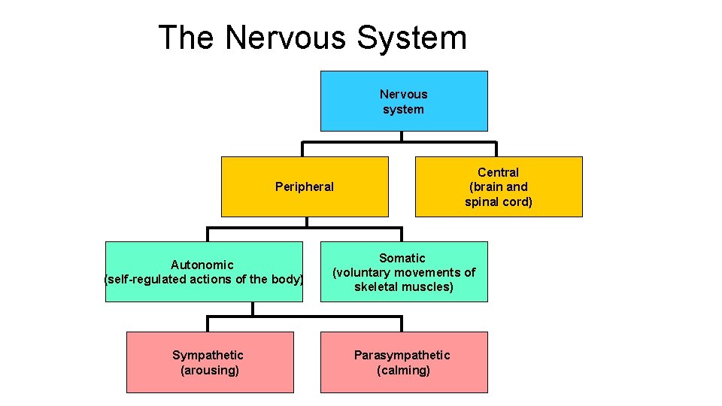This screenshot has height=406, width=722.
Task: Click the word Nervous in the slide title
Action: [x=288, y=38]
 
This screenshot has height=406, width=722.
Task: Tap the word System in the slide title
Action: [x=413, y=38]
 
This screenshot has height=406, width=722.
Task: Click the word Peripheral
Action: [x=305, y=186]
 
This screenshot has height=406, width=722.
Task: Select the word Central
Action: [x=499, y=172]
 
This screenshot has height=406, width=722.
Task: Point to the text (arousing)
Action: [x=210, y=370]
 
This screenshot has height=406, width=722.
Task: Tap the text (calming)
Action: [x=404, y=370]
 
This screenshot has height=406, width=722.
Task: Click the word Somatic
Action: [x=402, y=258]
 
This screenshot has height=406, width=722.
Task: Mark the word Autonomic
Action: [x=202, y=265]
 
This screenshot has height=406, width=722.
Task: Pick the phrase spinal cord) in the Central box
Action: [x=499, y=201]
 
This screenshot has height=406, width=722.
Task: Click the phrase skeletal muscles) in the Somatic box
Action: [x=404, y=287]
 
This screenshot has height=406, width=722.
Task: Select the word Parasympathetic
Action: [x=402, y=355]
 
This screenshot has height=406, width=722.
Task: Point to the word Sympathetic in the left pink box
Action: [x=208, y=355]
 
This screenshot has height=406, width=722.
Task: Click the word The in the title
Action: [x=187, y=38]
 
